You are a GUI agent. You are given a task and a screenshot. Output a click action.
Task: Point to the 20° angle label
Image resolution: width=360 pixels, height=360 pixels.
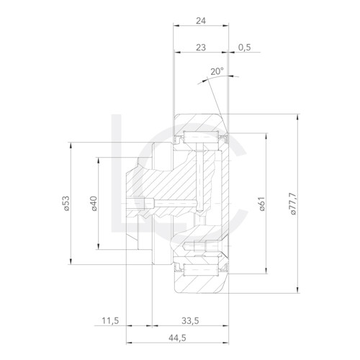pyautogui.click(x=217, y=71)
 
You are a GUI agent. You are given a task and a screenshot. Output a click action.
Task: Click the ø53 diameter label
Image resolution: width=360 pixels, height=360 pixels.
pyautogui.click(x=65, y=204)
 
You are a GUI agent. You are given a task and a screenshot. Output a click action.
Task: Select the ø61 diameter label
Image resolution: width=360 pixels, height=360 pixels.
pyautogui.click(x=262, y=204)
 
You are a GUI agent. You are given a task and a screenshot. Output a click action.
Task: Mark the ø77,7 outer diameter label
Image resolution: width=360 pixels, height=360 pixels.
pyautogui.click(x=291, y=204)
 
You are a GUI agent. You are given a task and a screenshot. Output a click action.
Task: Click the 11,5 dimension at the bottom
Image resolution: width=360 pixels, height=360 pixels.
pyautogui.click(x=110, y=321)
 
